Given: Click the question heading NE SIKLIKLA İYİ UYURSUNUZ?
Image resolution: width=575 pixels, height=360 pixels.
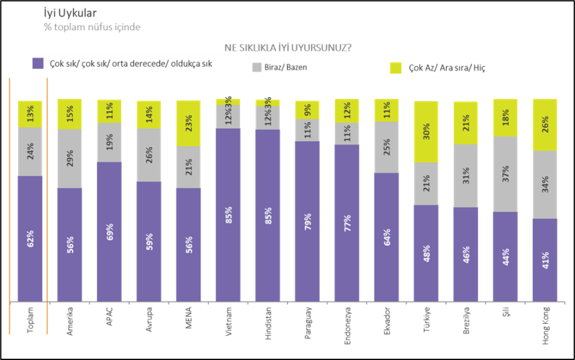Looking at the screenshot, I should coord(289,48).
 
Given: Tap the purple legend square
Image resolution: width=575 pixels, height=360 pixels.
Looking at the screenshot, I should coord(39,64).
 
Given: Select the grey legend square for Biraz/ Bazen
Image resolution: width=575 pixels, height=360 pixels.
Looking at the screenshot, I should coord(256,68).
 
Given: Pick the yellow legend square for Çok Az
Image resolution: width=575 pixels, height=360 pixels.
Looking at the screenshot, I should coord(396,68).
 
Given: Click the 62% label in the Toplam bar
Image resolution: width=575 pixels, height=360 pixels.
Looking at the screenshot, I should coord(30,239).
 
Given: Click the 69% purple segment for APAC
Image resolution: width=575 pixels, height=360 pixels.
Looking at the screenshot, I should coord(110,231).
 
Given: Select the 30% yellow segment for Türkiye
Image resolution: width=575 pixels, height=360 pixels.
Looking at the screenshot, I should coord(427,132).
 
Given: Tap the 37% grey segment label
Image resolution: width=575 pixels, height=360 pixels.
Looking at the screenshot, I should coord(505,174).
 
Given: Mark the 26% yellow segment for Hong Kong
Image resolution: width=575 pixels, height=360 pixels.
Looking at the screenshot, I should coord(546,124).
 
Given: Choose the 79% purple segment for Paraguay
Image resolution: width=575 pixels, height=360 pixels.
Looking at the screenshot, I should coord(307,221).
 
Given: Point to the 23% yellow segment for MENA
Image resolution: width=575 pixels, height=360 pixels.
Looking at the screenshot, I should coord(189,123).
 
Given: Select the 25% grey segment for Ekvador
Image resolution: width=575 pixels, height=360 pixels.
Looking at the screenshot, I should coord(386,147).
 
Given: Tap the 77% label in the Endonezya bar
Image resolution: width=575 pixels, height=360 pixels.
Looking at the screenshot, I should coord(347,223).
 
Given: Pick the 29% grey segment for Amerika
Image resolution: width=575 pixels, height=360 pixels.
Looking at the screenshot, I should coord(70,159).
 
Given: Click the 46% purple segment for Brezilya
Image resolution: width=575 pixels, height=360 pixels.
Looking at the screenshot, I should coord(466,254).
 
